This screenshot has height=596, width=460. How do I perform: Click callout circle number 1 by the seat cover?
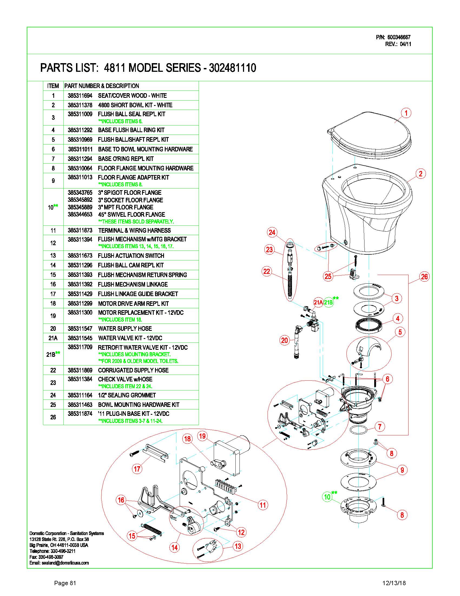tap(406, 113)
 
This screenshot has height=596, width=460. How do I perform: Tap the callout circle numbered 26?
tap(424, 276)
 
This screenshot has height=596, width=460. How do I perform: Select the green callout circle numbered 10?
tap(327, 497)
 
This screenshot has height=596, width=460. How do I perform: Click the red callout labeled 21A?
tap(318, 302)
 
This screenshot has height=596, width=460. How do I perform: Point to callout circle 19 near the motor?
tap(202, 436)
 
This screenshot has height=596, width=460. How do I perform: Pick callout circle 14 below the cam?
tap(175, 548)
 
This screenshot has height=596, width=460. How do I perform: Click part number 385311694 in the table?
tap(80, 96)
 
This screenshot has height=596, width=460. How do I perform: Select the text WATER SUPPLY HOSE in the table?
tap(125, 329)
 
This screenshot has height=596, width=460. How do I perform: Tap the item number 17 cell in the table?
tap(53, 294)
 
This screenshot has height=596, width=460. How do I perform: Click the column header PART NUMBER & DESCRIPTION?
tap(102, 86)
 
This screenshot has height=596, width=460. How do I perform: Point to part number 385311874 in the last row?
tap(80, 414)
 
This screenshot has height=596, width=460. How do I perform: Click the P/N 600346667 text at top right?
tap(393, 37)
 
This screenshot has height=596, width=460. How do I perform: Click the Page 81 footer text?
tap(65, 583)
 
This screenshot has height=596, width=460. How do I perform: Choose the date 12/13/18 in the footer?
tap(394, 583)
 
